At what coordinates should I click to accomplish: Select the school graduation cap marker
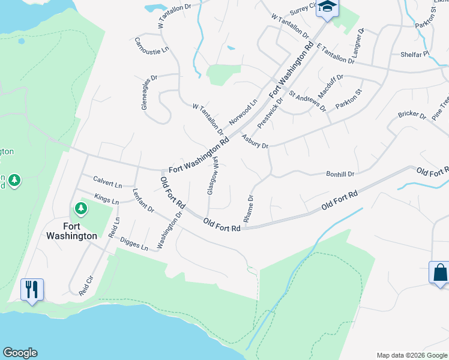[328, 7]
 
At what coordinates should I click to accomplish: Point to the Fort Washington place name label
[71, 231]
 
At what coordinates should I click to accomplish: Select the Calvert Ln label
[107, 181]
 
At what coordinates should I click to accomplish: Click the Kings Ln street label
[106, 198]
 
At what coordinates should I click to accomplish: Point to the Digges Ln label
[133, 243]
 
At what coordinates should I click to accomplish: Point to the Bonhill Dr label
[340, 174]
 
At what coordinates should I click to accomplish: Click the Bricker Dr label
[411, 114]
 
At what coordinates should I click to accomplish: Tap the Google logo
[20, 353]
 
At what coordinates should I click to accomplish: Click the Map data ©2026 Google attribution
[411, 355]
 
